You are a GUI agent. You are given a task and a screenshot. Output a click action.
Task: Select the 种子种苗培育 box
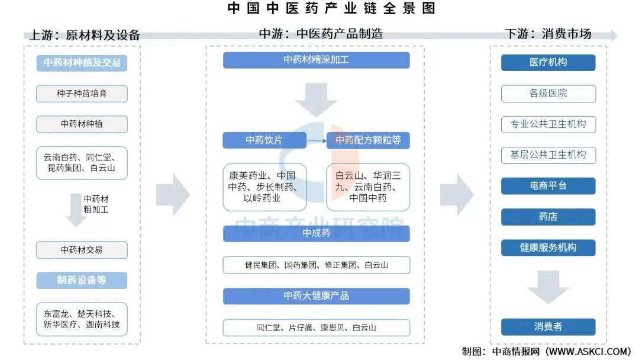coord(82,94)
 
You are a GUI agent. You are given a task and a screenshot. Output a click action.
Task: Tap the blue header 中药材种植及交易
coord(82,63)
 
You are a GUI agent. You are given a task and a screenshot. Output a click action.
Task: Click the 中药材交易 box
coord(82,250)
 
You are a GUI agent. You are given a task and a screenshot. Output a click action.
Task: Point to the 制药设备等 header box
coord(82,281)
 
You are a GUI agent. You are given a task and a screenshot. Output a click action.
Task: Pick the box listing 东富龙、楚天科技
coord(82,319)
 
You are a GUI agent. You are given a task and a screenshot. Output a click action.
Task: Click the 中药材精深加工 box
coord(316,60)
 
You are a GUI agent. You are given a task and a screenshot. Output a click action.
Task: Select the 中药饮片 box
coord(264,140)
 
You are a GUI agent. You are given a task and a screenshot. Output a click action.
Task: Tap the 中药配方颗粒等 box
coord(368,140)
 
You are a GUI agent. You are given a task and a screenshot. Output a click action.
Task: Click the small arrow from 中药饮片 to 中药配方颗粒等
coord(317,141)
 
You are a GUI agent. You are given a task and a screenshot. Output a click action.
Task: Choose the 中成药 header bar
coord(316,233)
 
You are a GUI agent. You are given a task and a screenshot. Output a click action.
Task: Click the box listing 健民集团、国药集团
coord(316,265)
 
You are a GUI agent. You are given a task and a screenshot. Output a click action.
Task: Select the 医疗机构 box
coord(548,62)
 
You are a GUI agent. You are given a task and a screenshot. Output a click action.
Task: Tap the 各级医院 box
coord(548,94)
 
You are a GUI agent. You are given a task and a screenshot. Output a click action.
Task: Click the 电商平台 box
coord(548,186)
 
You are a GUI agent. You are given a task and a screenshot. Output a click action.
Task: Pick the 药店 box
coord(548,217)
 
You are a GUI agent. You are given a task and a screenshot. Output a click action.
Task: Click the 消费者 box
coord(548,326)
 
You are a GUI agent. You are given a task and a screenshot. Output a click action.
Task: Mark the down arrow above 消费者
coord(548,287)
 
